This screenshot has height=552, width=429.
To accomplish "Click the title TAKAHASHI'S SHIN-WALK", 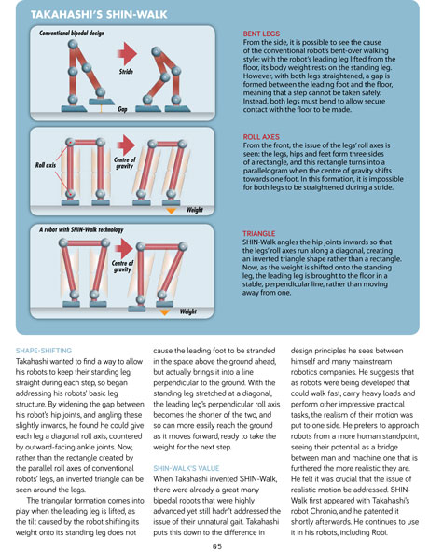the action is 99,14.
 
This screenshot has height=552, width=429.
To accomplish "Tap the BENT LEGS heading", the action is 261,34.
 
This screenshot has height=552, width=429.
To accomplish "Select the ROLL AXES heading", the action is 261,137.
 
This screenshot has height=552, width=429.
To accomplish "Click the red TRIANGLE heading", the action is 259,233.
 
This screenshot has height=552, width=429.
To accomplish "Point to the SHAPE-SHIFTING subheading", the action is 44,351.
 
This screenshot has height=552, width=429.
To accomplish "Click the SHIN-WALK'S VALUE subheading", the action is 187,468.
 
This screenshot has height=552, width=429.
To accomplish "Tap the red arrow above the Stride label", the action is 127,53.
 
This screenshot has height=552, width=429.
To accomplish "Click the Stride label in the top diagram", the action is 126,72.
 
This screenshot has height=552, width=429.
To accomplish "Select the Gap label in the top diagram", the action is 122,109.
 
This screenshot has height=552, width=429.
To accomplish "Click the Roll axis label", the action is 46,165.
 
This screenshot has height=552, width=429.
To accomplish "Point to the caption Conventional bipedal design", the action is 72,34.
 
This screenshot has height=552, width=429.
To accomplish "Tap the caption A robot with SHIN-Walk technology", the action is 81,230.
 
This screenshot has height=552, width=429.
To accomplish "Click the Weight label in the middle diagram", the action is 195,210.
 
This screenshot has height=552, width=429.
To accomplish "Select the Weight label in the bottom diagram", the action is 188,311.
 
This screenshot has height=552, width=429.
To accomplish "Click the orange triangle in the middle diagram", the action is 171,211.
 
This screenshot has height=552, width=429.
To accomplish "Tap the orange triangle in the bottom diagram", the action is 164,312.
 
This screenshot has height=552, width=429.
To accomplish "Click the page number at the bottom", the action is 217,546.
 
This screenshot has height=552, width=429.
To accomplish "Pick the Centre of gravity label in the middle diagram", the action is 124,162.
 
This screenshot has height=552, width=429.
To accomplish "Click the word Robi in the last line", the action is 379,532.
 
